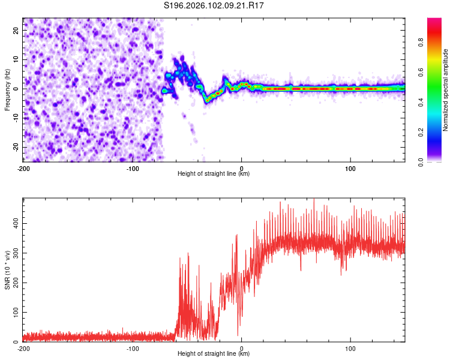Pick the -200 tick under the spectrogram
pyautogui.click(x=23, y=168)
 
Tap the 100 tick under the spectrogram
pyautogui.click(x=350, y=168)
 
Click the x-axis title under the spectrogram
pyautogui.click(x=214, y=174)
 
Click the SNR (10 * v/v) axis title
pyautogui.click(x=7, y=270)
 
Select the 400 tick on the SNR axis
pyautogui.click(x=14, y=223)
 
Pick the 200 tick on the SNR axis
pyautogui.click(x=14, y=283)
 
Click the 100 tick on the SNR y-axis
pyautogui.click(x=14, y=313)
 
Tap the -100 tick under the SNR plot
pyautogui.click(x=133, y=348)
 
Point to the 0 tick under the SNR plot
pyautogui.click(x=241, y=348)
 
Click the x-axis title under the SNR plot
pyautogui.click(x=214, y=354)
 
